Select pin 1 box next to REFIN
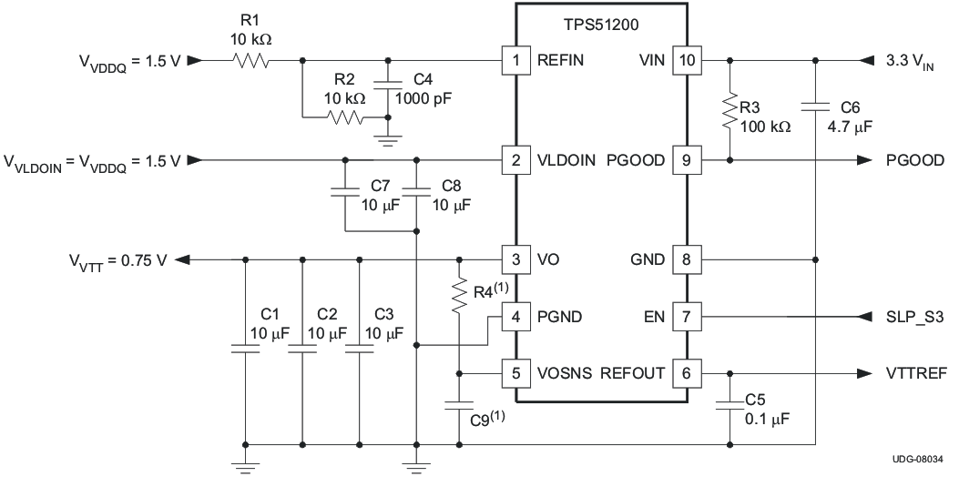(516, 62)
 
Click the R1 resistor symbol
(250, 62)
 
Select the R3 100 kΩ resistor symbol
(730, 111)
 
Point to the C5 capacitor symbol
(730, 406)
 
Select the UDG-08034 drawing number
(923, 460)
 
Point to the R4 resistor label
(486, 293)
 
